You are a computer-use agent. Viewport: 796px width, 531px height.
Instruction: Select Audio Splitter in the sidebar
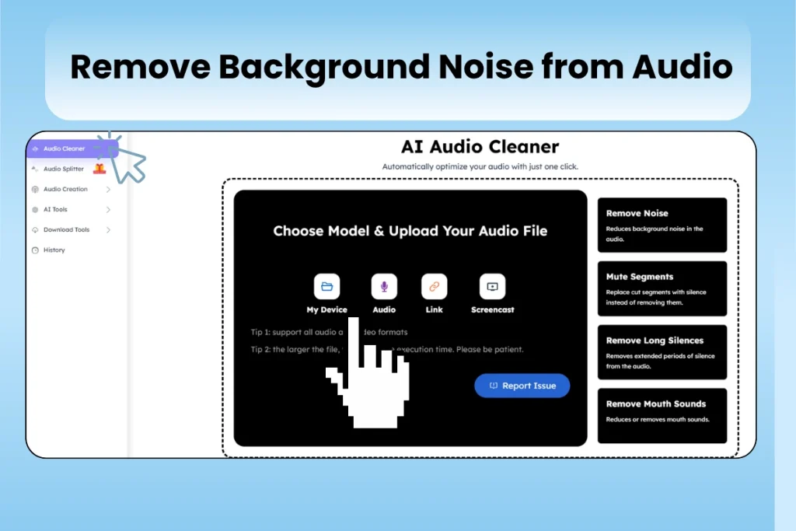[64, 169]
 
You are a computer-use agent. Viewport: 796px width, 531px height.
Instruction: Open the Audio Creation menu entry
[65, 189]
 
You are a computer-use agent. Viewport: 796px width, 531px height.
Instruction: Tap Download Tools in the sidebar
[66, 229]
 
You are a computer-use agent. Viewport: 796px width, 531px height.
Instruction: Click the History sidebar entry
[54, 250]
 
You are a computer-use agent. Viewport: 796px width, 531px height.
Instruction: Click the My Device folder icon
[326, 286]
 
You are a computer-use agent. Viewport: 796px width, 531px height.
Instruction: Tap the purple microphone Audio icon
[384, 286]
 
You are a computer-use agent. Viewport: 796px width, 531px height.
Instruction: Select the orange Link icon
[434, 286]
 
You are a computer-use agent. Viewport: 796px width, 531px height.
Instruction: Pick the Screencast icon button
[492, 286]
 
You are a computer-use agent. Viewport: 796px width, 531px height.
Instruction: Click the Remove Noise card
[662, 224]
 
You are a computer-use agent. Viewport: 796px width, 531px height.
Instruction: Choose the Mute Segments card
[662, 288]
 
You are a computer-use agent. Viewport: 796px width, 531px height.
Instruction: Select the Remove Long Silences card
[662, 351]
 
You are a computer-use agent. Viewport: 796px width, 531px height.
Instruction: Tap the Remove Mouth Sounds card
[662, 415]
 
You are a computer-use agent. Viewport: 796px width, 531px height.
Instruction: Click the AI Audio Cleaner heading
[480, 146]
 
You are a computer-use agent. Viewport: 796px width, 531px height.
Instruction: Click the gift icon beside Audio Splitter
[99, 168]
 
